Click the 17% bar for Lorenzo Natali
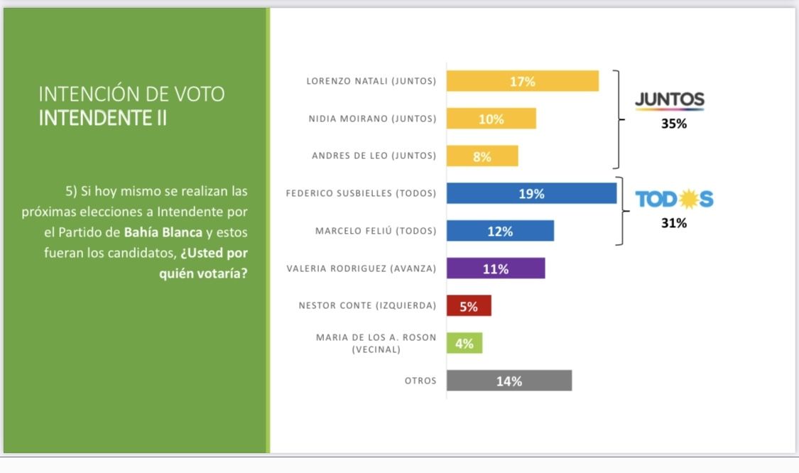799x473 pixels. (x=522, y=82)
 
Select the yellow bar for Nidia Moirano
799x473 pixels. (x=491, y=119)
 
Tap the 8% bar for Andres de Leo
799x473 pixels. (x=482, y=156)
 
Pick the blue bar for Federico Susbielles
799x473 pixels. (x=531, y=193)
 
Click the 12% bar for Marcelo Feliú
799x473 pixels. (x=500, y=231)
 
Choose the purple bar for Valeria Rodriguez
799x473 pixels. (x=496, y=268)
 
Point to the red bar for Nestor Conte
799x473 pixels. (x=469, y=306)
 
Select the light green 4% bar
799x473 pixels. (x=464, y=343)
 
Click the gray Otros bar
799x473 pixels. (x=509, y=381)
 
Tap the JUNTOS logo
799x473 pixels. (x=669, y=101)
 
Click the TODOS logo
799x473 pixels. (x=674, y=200)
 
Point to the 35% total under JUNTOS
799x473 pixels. (x=674, y=124)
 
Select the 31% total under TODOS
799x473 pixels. (x=674, y=223)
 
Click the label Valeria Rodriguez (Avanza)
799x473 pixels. (x=361, y=269)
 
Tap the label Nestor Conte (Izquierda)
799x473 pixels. (x=367, y=306)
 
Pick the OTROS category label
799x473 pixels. (x=420, y=381)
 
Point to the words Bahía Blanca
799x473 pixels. (x=163, y=232)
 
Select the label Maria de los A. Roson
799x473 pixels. (x=376, y=337)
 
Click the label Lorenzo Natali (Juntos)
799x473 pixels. (x=371, y=81)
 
